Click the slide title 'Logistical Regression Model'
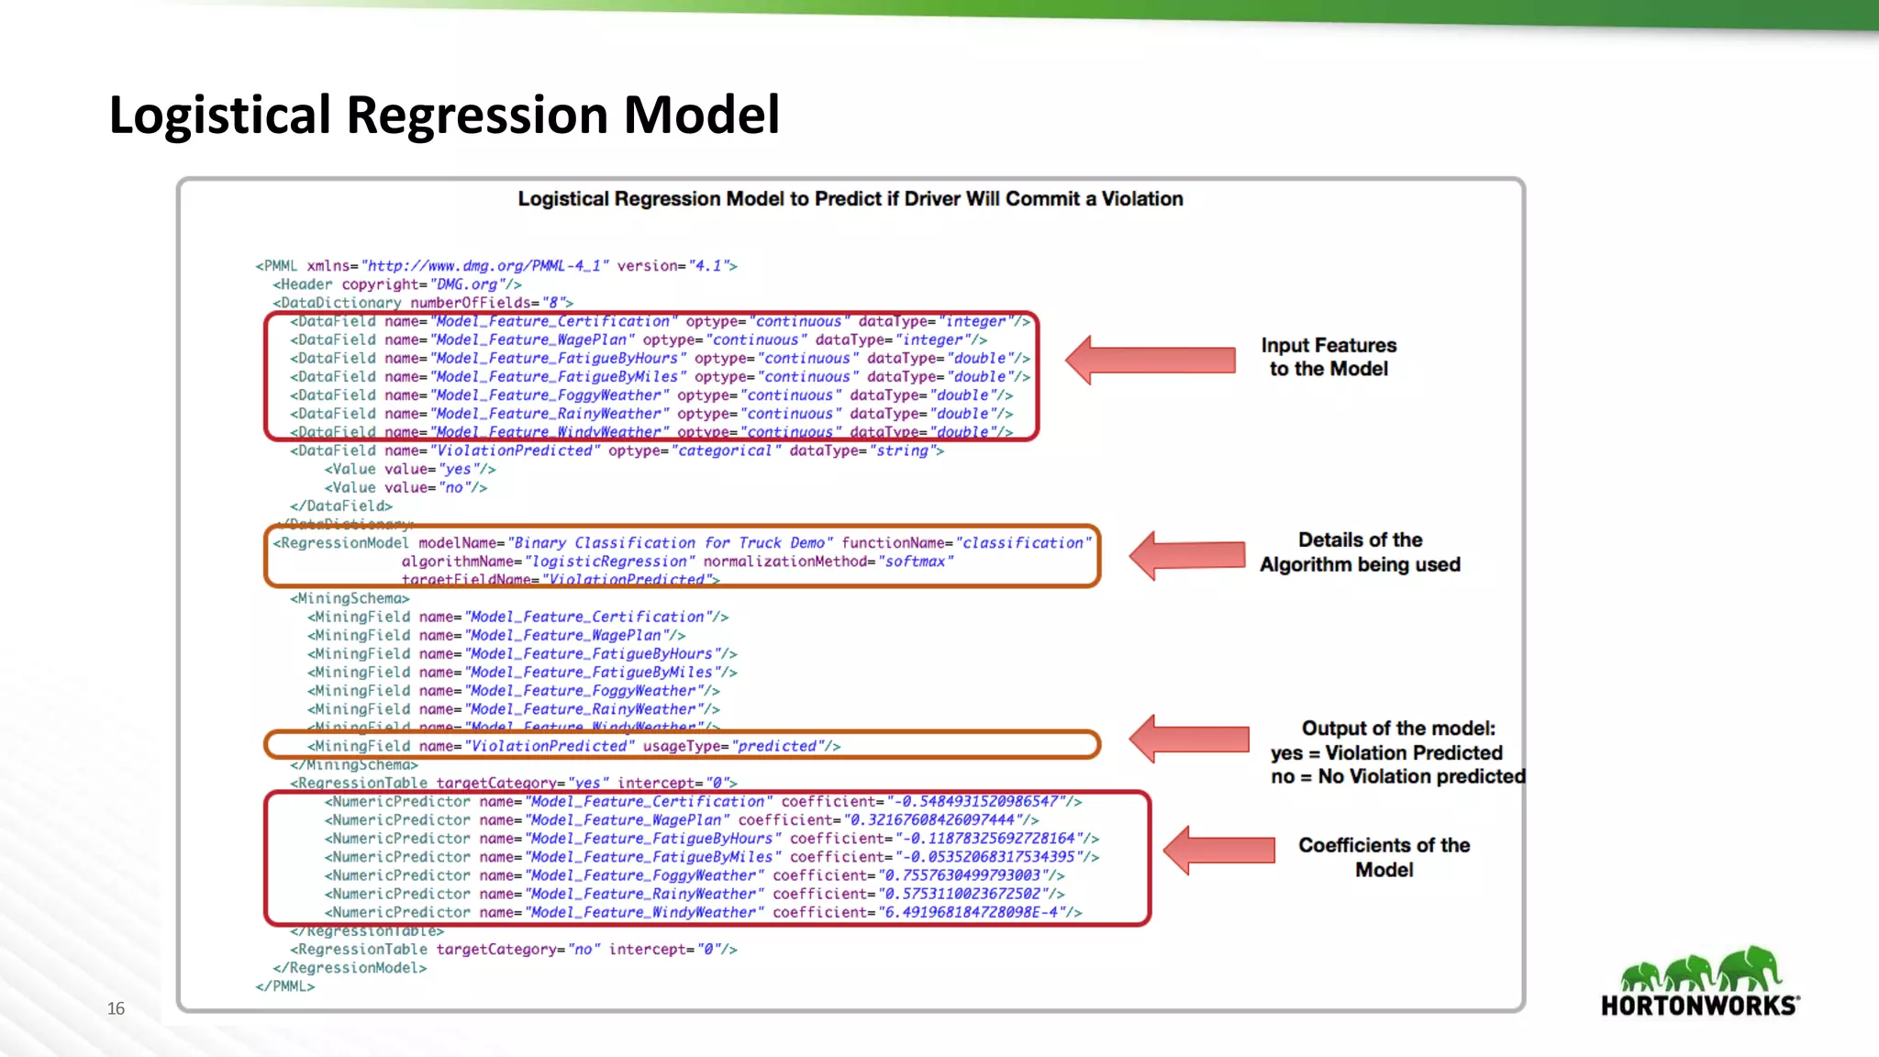pyautogui.click(x=444, y=116)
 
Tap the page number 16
pyautogui.click(x=116, y=1008)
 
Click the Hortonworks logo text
pyautogui.click(x=1699, y=1006)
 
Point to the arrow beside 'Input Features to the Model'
pyautogui.click(x=1151, y=360)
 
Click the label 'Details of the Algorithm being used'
pyautogui.click(x=1360, y=552)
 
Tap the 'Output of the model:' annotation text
pyautogui.click(x=1397, y=729)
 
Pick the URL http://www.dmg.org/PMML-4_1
pyautogui.click(x=484, y=266)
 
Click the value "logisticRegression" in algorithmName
pyautogui.click(x=609, y=562)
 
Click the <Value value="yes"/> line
pyautogui.click(x=409, y=469)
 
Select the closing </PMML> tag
pyautogui.click(x=285, y=986)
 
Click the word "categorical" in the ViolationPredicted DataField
pyautogui.click(x=725, y=451)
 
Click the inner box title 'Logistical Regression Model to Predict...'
pyautogui.click(x=850, y=199)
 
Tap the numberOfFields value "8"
pyautogui.click(x=553, y=303)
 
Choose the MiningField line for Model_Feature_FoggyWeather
pyautogui.click(x=514, y=691)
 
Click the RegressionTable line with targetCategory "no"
pyautogui.click(x=514, y=950)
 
